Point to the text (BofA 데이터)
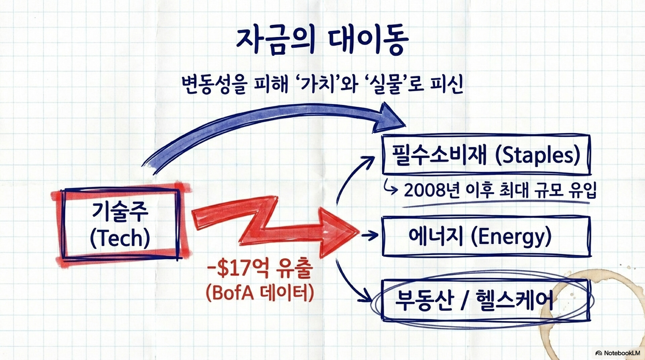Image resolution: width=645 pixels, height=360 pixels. (x=260, y=293)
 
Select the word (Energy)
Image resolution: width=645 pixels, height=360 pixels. (x=511, y=236)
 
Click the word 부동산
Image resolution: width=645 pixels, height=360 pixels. (x=425, y=300)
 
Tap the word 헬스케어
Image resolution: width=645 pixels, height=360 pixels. (x=514, y=300)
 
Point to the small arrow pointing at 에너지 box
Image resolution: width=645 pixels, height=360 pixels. (x=370, y=235)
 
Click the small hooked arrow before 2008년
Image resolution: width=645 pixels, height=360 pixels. (x=391, y=189)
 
